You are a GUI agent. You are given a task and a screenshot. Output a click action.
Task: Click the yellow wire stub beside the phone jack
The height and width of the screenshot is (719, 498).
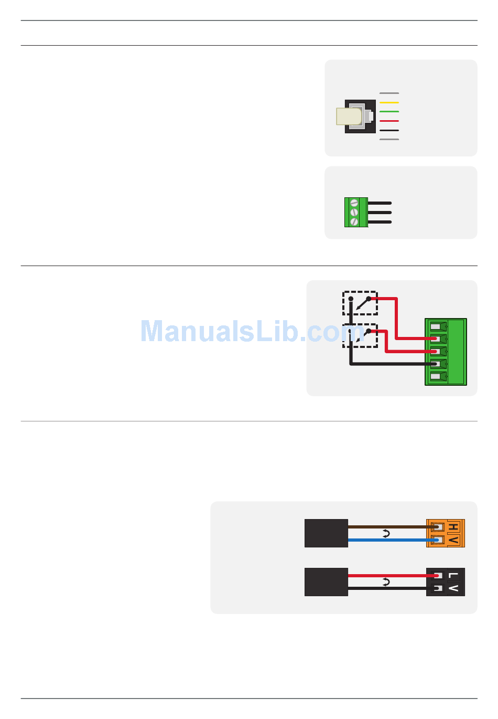pos(388,102)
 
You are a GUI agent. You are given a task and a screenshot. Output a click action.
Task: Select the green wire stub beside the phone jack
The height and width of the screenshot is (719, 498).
pos(388,112)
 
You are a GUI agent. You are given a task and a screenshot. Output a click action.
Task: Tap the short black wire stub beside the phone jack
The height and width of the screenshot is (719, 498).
pos(388,130)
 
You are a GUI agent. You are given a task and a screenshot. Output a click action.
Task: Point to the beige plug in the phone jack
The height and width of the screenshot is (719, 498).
pos(349,117)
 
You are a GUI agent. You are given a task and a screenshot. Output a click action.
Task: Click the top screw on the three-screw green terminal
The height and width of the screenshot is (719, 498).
pos(354,203)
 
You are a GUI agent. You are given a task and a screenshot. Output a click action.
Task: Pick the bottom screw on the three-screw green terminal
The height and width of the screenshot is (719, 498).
pos(354,221)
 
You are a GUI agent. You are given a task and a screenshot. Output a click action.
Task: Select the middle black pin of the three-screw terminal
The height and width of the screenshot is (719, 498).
pos(380,213)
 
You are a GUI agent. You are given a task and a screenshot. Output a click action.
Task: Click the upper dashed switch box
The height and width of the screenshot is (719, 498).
pos(360,303)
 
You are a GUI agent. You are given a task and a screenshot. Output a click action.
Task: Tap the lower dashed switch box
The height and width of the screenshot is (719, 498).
pos(360,335)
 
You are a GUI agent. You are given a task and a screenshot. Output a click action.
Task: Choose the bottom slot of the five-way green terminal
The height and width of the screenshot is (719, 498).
pos(437,377)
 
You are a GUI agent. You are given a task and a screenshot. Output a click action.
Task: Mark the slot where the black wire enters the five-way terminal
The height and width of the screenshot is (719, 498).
pos(437,364)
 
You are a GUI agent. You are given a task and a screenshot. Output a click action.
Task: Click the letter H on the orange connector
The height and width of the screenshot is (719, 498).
pos(453,527)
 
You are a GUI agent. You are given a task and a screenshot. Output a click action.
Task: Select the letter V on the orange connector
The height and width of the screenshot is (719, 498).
pos(453,540)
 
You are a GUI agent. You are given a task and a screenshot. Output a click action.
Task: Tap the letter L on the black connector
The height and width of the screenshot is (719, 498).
pos(453,576)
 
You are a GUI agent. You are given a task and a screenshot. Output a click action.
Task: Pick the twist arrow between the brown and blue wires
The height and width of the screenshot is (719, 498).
pos(386,534)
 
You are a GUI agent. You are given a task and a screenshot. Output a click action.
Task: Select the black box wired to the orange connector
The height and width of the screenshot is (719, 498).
pos(326,533)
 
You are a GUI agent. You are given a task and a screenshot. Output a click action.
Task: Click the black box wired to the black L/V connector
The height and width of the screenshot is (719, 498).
pos(326,582)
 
